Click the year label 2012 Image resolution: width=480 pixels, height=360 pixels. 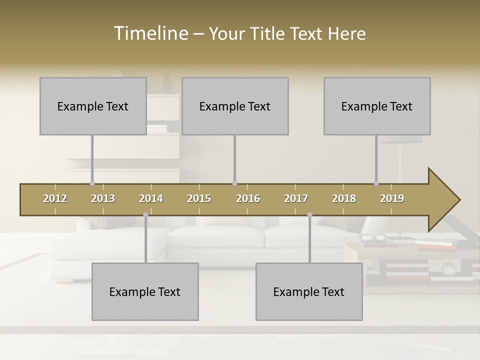tap(55, 198)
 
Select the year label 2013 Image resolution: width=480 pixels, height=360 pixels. tap(103, 198)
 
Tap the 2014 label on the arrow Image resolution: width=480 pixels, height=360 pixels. tap(151, 198)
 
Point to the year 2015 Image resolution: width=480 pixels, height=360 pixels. tap(199, 198)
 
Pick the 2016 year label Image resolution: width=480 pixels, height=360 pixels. tap(248, 198)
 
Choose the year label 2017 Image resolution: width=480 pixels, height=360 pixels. tap(296, 198)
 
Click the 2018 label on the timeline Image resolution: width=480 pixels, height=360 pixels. tap(344, 198)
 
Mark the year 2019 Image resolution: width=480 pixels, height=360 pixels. tap(392, 198)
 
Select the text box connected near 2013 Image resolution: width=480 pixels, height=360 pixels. tap(93, 106)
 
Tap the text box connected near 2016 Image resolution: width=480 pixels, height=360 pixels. tap(235, 106)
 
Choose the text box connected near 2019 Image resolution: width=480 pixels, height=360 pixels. tap(377, 106)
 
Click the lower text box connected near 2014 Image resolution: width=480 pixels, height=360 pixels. tap(145, 291)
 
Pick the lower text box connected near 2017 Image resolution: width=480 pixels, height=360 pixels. tap(309, 291)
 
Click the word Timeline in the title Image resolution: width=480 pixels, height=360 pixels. tap(150, 33)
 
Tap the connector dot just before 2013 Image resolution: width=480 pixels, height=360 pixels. tap(92, 183)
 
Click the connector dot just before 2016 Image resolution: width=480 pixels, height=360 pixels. tap(234, 183)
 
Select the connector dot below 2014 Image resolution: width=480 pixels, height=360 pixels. tap(145, 215)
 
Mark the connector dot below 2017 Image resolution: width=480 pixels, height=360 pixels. tap(309, 215)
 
